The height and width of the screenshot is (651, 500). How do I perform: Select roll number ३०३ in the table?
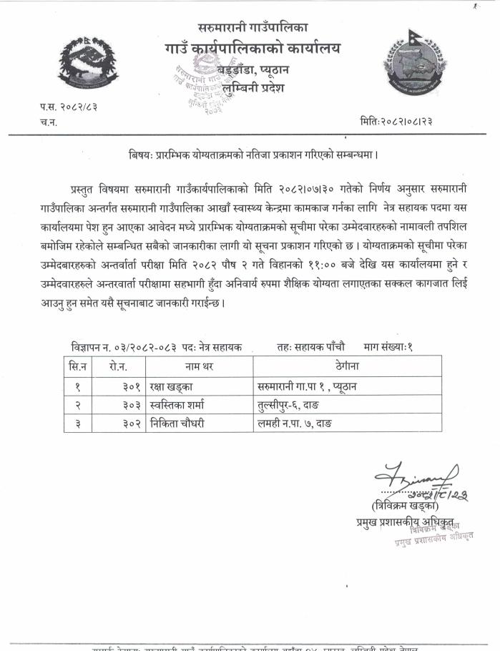132,404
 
